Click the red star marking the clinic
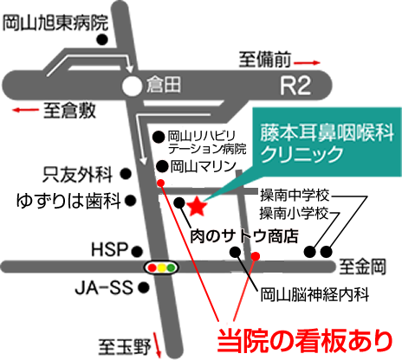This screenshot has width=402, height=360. (x=197, y=206)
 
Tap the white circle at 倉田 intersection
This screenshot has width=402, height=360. (x=132, y=87)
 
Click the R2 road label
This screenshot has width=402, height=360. (x=295, y=86)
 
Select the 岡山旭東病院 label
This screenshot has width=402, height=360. (x=55, y=23)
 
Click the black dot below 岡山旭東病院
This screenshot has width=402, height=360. (x=102, y=40)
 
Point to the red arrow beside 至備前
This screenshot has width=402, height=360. (x=307, y=62)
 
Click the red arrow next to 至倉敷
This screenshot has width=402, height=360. (x=25, y=110)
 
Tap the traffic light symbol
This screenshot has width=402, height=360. (x=161, y=267)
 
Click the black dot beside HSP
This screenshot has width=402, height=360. (x=137, y=252)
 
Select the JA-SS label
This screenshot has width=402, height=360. (x=104, y=287)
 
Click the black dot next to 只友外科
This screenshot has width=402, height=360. (x=126, y=174)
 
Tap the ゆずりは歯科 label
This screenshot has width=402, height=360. (x=68, y=201)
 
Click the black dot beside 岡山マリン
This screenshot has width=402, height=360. (x=162, y=166)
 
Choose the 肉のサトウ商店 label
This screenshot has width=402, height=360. (x=244, y=236)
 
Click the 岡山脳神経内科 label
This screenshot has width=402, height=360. (x=314, y=294)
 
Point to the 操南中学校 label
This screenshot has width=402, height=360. (x=295, y=196)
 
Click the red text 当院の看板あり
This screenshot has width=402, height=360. (x=305, y=341)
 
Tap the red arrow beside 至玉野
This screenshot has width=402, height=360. (x=157, y=344)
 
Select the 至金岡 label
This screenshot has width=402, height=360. (x=362, y=267)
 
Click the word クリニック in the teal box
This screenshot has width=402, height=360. (x=302, y=154)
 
